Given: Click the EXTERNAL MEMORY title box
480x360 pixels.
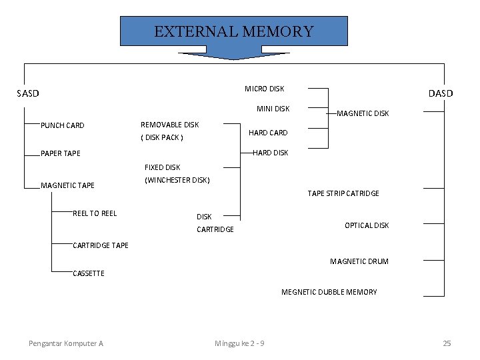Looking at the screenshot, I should pyautogui.click(x=233, y=31).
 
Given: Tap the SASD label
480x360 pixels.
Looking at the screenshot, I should pyautogui.click(x=28, y=93).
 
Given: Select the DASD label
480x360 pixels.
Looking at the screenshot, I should pyautogui.click(x=440, y=93).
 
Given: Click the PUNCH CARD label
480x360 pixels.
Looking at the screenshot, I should pyautogui.click(x=63, y=125).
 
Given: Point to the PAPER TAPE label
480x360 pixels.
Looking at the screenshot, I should pyautogui.click(x=61, y=153).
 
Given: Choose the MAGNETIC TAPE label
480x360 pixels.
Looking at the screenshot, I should pyautogui.click(x=68, y=185).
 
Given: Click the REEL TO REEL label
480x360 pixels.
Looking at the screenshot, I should pyautogui.click(x=95, y=213).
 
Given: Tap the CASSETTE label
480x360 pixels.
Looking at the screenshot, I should pyautogui.click(x=89, y=273).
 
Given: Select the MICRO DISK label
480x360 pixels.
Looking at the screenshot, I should pyautogui.click(x=264, y=89).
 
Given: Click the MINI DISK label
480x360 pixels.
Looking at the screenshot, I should pyautogui.click(x=273, y=109).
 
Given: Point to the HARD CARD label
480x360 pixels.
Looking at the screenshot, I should pyautogui.click(x=268, y=133).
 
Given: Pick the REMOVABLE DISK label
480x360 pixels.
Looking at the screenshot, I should pyautogui.click(x=169, y=125).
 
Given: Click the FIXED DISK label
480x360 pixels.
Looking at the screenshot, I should pyautogui.click(x=163, y=167).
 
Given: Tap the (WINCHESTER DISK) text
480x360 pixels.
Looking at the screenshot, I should pyautogui.click(x=177, y=180).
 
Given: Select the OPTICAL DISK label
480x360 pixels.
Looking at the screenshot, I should pyautogui.click(x=367, y=225).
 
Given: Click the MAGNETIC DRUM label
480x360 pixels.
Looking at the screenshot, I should pyautogui.click(x=359, y=261).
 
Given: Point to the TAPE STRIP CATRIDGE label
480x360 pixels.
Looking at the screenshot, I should pyautogui.click(x=343, y=193).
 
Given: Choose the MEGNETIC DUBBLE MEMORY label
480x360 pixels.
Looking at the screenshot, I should pyautogui.click(x=329, y=292).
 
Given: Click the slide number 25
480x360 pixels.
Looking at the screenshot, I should pyautogui.click(x=447, y=343).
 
